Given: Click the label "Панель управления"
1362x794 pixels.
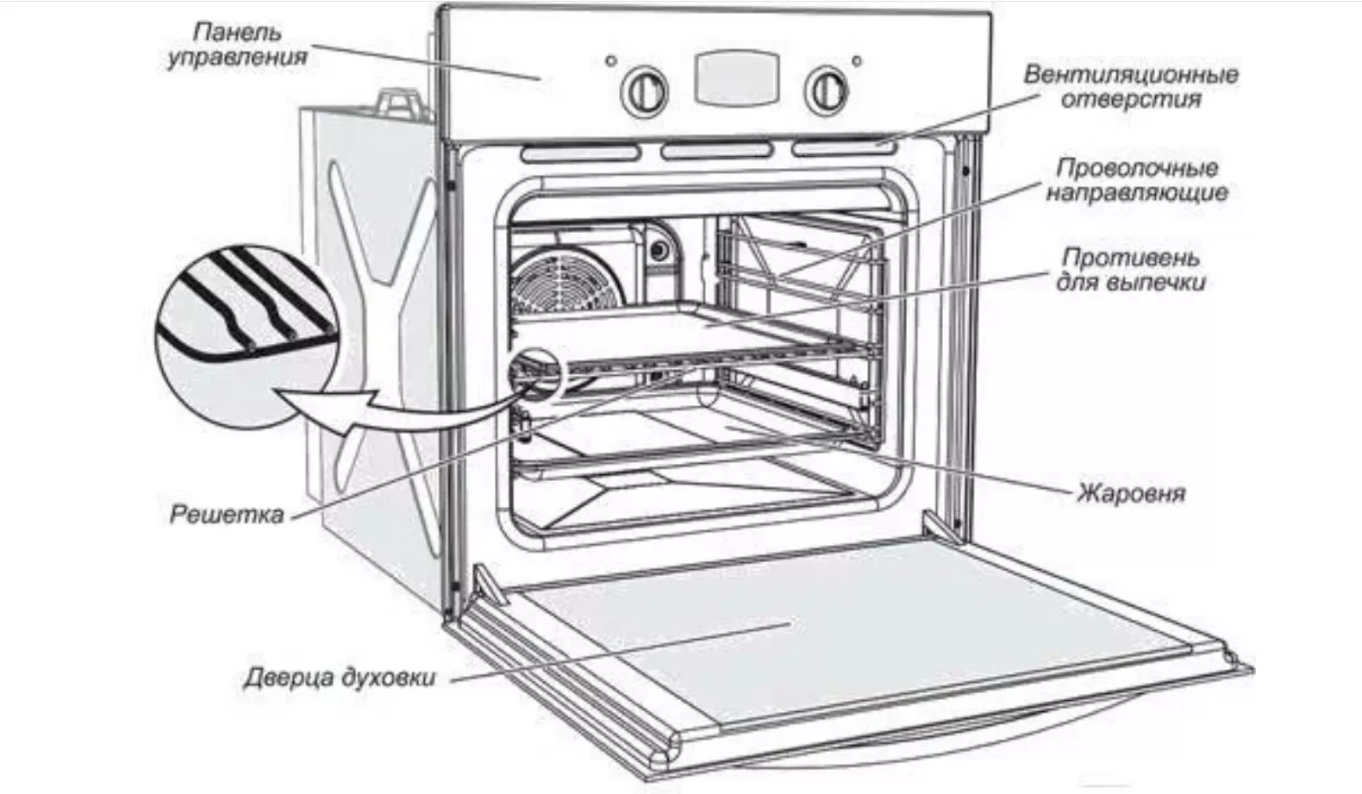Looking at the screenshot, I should tap(237, 46).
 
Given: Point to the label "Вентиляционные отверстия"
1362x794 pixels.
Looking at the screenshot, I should tap(1130, 86).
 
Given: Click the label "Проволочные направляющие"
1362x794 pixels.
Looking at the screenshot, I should tap(1136, 179).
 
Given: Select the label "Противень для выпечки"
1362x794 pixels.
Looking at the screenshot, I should tap(1130, 269).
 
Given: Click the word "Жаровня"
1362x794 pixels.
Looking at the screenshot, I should tap(1130, 493).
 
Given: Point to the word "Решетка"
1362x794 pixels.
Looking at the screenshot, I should tap(227, 515).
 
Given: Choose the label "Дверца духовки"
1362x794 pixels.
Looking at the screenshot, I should tap(339, 677).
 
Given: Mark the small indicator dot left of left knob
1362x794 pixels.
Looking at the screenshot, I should tap(611, 61).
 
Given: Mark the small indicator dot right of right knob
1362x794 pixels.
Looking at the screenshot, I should tap(857, 61).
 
